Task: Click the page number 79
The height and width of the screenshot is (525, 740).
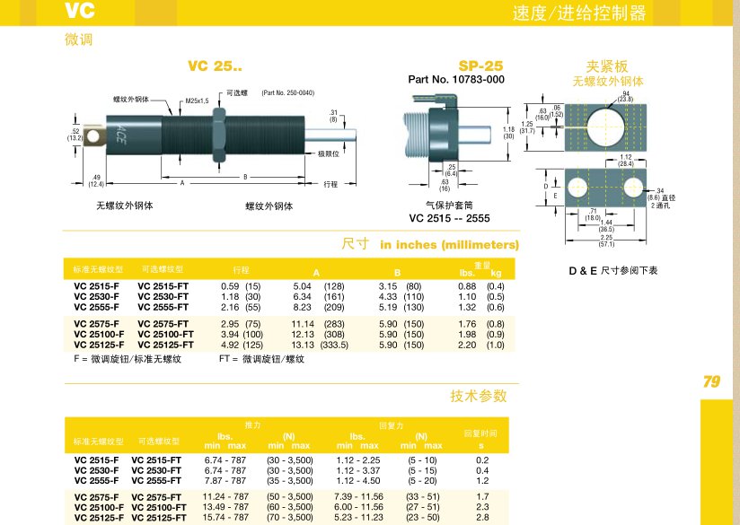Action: pos(711,382)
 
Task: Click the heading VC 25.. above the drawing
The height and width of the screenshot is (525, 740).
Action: pos(215,66)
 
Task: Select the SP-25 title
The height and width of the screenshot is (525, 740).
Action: pos(480,66)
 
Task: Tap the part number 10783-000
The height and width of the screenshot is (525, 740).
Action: pos(456,80)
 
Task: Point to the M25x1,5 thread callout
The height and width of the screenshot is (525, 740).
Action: pos(197,101)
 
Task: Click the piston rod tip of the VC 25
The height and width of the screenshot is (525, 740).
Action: pos(358,137)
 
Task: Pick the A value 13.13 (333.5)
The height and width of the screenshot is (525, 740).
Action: pos(318,345)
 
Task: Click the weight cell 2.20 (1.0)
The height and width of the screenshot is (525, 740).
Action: pos(481,345)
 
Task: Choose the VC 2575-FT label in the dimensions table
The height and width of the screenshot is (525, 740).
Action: pos(163,324)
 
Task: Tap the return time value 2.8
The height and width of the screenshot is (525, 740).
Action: pos(482,517)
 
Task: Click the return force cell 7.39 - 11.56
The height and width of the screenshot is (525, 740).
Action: pos(358,496)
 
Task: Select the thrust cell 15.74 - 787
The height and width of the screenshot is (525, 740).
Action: pos(225,517)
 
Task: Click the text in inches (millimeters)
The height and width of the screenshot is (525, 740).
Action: pos(450,244)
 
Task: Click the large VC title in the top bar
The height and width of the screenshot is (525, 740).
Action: pos(79,12)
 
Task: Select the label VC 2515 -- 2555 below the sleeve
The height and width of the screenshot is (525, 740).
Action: pos(448,217)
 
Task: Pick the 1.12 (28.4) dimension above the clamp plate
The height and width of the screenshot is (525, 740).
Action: pos(626,161)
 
